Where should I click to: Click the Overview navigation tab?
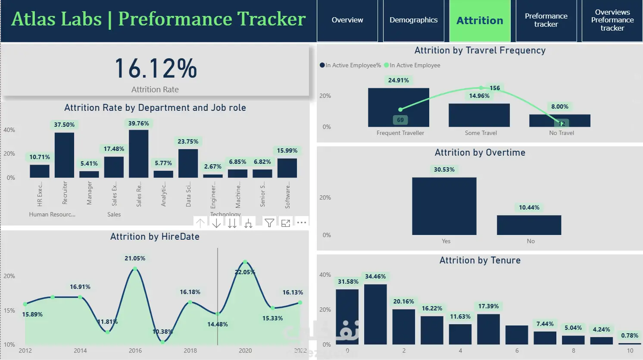[347, 20]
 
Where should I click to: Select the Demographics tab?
[413, 20]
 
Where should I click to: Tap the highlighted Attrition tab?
[480, 21]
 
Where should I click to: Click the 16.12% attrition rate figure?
[156, 69]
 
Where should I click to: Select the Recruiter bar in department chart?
[64, 155]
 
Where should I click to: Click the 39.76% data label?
[139, 124]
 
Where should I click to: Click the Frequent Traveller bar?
[398, 107]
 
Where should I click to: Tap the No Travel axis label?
[562, 133]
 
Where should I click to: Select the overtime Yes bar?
[444, 206]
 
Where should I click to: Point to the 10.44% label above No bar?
[529, 208]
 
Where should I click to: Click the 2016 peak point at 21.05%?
[135, 269]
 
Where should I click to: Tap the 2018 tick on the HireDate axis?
[190, 351]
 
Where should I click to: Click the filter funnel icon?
[269, 223]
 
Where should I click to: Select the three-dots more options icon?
[302, 223]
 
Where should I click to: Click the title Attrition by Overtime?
[480, 153]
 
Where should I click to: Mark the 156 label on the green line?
[495, 88]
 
